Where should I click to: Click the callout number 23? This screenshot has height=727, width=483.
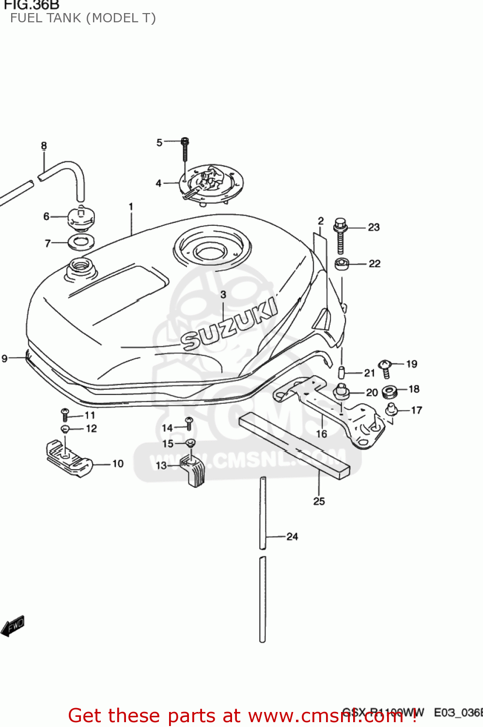374,227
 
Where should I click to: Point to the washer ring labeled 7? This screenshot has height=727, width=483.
81,241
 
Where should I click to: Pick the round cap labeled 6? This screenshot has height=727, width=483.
80,218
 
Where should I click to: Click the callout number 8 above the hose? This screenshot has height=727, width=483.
44,146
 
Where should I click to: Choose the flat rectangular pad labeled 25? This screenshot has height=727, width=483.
294,446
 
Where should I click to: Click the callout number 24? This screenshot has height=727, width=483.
292,537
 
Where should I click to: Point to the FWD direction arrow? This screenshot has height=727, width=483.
13,626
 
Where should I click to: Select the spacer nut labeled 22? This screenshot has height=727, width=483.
342,264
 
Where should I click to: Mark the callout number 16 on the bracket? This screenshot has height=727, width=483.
322,434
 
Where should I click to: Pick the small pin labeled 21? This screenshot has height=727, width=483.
341,373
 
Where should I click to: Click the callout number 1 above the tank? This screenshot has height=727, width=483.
131,207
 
